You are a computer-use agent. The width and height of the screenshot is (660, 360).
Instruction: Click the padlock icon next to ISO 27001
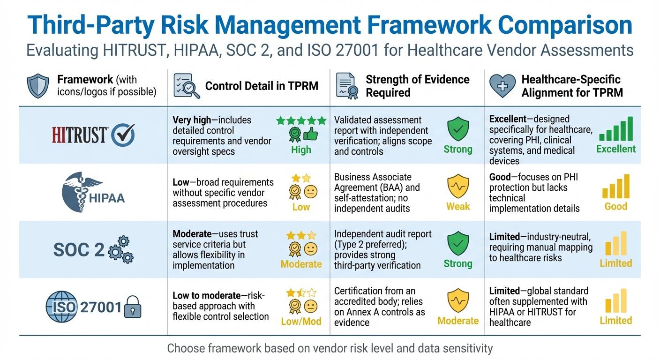pos(132,308)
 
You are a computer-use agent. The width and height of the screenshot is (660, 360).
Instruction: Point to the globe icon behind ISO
pos(61,307)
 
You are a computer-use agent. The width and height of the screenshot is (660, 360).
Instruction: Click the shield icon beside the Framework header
pos(38,85)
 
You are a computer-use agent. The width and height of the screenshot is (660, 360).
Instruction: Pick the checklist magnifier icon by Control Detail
pos(186,85)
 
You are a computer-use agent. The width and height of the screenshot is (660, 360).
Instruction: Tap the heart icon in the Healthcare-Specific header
pos(502,85)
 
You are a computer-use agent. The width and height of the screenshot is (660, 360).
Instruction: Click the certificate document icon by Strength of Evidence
pos(347,85)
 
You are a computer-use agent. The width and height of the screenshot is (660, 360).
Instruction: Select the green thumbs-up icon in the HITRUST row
pos(310,135)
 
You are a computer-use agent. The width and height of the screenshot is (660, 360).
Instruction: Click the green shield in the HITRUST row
pos(457,129)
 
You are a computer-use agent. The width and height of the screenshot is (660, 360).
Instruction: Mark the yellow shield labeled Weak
pos(457,186)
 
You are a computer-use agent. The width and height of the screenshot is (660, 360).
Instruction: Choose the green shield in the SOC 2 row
pos(457,244)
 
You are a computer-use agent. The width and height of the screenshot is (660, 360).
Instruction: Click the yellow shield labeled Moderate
pos(457,300)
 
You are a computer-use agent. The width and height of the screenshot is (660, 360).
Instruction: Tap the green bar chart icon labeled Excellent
pos(616,129)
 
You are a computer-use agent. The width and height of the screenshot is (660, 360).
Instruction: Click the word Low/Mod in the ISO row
pos(301,322)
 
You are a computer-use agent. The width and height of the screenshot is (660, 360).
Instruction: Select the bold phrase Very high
pos(192,120)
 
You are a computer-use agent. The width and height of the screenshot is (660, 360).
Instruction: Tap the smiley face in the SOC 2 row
pos(310,248)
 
